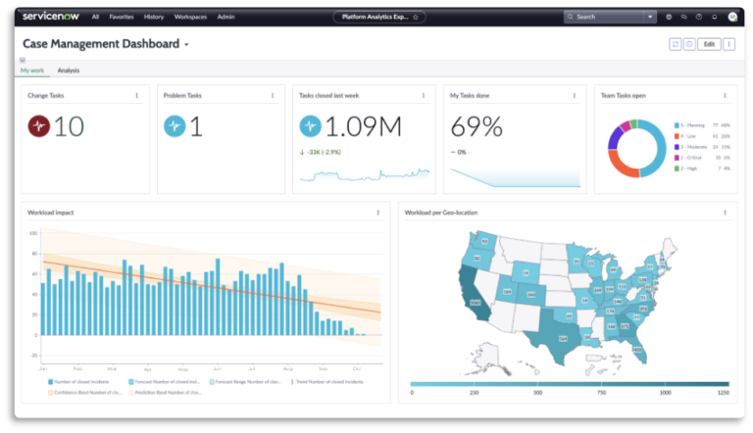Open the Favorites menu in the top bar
coord(123,17)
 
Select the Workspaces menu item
coord(190,17)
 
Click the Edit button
coord(709,44)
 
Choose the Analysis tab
coord(69,71)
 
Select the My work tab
coord(33,71)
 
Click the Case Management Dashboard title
coord(100,44)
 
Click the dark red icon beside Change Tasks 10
coord(39,126)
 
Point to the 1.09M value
coord(364,126)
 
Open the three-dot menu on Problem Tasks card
coord(272,96)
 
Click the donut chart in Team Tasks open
coord(636,148)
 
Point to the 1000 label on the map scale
coord(666,393)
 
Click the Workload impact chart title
coord(52,212)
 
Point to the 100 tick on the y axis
coord(33,234)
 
